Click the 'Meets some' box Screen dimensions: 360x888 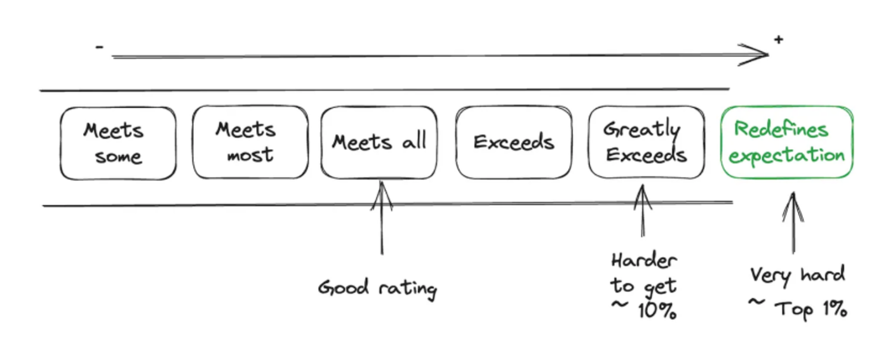point(118,143)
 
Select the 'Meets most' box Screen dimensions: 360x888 point(250,143)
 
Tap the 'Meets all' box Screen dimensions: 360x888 point(379,143)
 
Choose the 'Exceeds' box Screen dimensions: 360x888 point(513,143)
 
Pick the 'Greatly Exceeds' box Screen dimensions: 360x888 point(646,143)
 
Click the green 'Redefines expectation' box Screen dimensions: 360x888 point(787,143)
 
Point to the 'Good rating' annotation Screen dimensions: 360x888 point(377,289)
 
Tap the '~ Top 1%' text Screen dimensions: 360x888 point(797,308)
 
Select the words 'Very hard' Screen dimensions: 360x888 point(797,276)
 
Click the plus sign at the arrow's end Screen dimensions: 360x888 point(778,40)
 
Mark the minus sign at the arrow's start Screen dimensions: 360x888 point(100,47)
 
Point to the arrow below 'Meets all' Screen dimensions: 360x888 point(382,219)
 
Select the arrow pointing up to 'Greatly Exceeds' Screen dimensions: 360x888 point(643,213)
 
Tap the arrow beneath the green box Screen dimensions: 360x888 point(792,222)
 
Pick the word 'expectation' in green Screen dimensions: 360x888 point(787,156)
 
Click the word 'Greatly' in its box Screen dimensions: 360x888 point(642,130)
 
